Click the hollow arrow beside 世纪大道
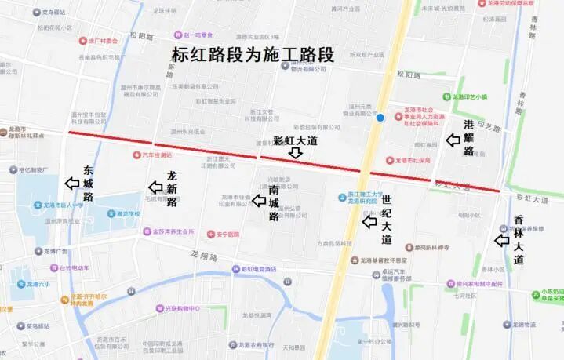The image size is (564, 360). (368, 222)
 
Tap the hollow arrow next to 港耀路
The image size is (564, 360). (452, 140)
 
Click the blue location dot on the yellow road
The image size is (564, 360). (380, 118)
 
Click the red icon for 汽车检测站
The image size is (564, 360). (137, 155)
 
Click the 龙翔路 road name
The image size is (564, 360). (201, 255)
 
